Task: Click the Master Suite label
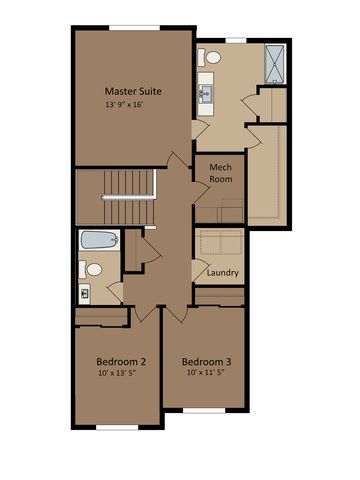click(x=133, y=91)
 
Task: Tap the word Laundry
click(x=221, y=272)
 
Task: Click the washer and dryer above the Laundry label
click(x=218, y=244)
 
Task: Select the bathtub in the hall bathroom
click(x=98, y=241)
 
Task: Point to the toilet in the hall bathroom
click(x=92, y=268)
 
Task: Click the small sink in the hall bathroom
click(x=84, y=294)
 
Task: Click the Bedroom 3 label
click(x=206, y=361)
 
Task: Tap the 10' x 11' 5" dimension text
click(x=206, y=375)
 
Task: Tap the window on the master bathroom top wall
click(x=235, y=41)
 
